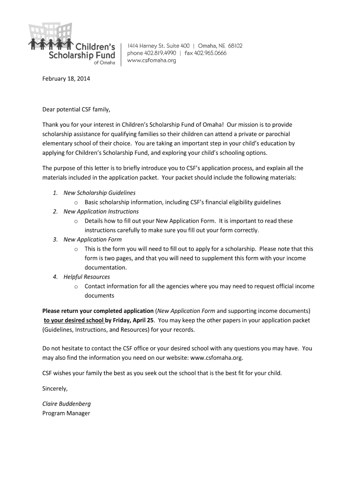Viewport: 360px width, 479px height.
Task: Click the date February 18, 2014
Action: pos(66,79)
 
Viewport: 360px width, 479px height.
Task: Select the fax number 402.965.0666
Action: pos(210,53)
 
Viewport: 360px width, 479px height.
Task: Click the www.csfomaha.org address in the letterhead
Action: pos(152,61)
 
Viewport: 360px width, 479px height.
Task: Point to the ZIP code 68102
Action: pos(232,46)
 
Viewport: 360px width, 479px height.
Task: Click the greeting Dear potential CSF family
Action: pos(76,110)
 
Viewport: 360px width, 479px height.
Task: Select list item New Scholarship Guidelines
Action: pos(100,193)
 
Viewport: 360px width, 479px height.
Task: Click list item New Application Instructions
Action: pos(101,211)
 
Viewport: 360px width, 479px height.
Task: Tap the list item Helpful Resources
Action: pos(87,277)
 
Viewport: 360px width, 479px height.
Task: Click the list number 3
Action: pos(55,239)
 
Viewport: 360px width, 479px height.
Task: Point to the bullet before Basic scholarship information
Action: pos(76,203)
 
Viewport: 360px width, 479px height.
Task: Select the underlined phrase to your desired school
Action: pos(74,320)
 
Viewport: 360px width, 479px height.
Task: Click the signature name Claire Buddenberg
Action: pos(66,404)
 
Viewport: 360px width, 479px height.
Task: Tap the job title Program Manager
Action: pos(66,413)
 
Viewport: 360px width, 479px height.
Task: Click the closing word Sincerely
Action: pos(55,389)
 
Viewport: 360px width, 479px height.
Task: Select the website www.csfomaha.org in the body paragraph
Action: pos(216,358)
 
